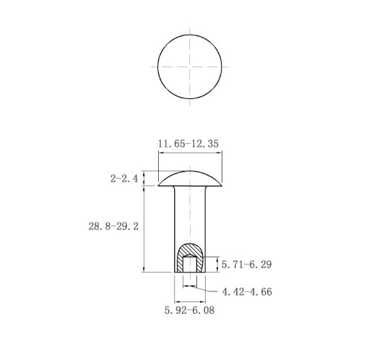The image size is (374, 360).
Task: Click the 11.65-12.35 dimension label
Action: point(188,144)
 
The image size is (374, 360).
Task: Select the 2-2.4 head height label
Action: point(124,179)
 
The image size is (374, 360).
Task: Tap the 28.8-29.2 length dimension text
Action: point(113,226)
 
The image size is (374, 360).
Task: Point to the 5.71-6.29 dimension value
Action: point(246,265)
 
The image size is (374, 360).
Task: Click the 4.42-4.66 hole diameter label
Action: point(247,292)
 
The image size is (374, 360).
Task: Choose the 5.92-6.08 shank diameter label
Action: point(189,310)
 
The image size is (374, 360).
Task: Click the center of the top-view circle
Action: point(190,67)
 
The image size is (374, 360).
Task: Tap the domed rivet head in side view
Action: point(190,179)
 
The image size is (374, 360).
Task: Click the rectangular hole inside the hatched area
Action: point(190,265)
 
